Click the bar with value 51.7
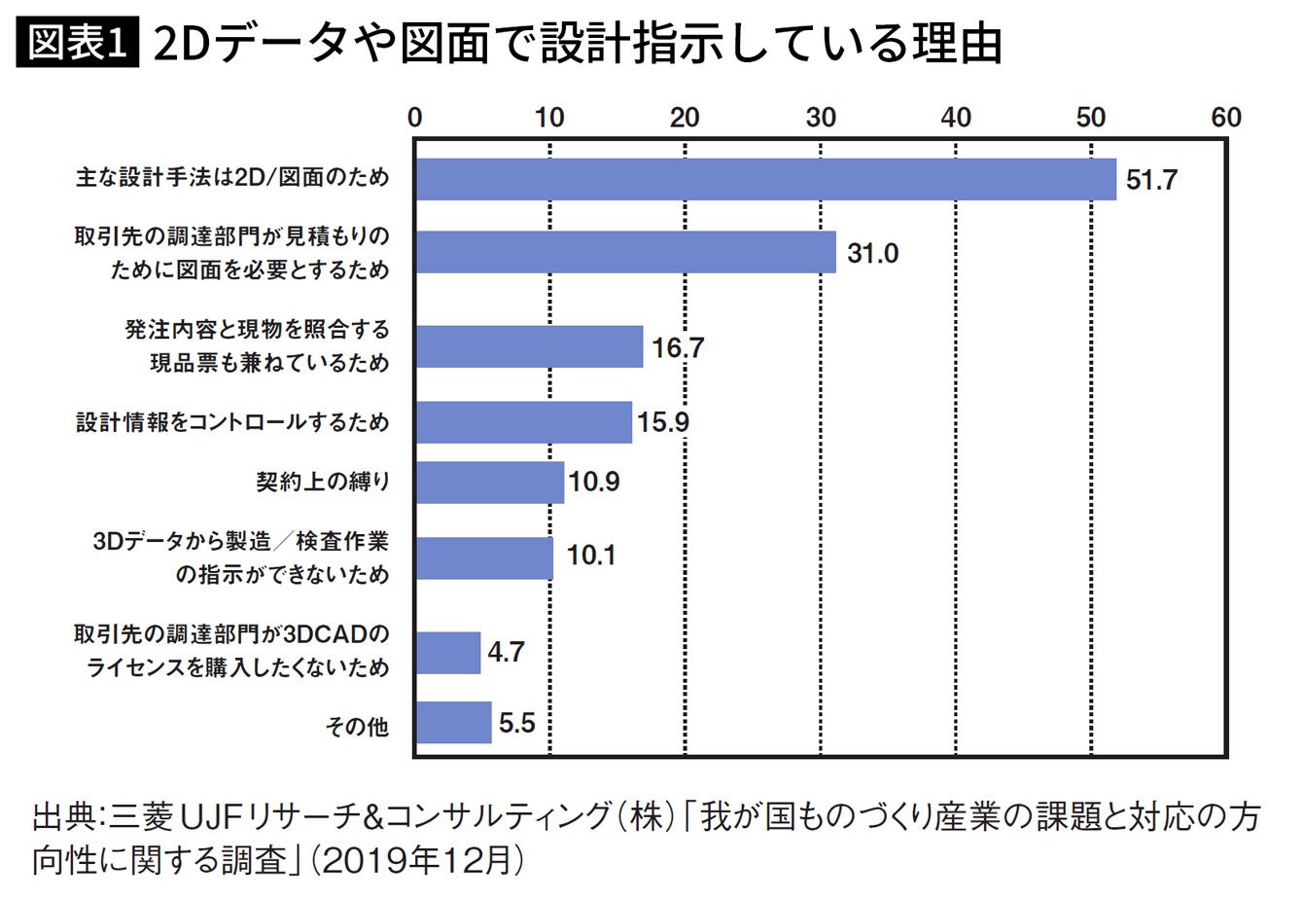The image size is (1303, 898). click(x=765, y=179)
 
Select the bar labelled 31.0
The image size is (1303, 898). click(x=625, y=253)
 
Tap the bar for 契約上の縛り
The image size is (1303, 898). click(x=489, y=482)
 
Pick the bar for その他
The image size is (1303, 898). click(x=453, y=723)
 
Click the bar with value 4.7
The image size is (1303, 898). click(x=447, y=652)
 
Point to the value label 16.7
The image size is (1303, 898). click(x=678, y=347)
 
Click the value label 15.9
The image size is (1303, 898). click(x=664, y=423)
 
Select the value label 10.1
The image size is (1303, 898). click(x=590, y=557)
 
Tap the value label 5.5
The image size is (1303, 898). click(x=516, y=723)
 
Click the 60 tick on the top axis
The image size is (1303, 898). click(x=1226, y=117)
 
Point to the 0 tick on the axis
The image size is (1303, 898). click(x=415, y=117)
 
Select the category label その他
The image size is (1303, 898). click(x=357, y=726)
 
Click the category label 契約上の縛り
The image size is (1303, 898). click(x=322, y=482)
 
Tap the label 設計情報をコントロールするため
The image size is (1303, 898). click(x=232, y=423)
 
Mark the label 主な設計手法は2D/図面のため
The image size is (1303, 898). click(x=232, y=178)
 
